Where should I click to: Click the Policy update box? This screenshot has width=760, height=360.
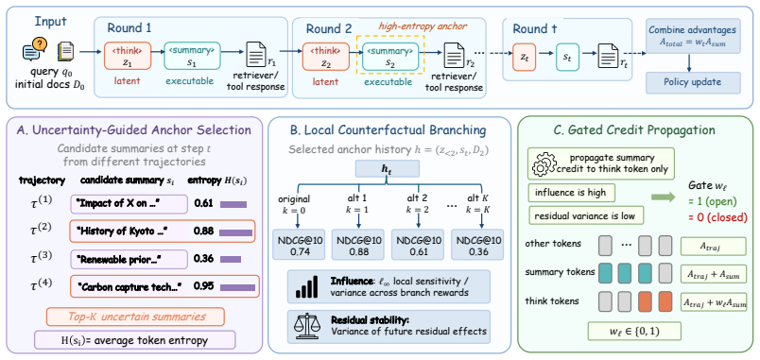click(694, 82)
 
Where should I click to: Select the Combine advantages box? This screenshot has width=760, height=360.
click(694, 35)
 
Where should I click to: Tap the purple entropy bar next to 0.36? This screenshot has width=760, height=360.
click(231, 259)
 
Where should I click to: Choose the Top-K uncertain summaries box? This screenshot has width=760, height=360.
click(135, 317)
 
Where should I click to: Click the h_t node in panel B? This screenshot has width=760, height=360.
click(388, 169)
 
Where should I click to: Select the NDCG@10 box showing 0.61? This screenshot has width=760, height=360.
click(419, 244)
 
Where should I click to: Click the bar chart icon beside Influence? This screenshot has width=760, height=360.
click(309, 286)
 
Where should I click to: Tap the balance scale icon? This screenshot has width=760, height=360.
click(309, 326)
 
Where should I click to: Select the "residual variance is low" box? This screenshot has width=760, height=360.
click(586, 215)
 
